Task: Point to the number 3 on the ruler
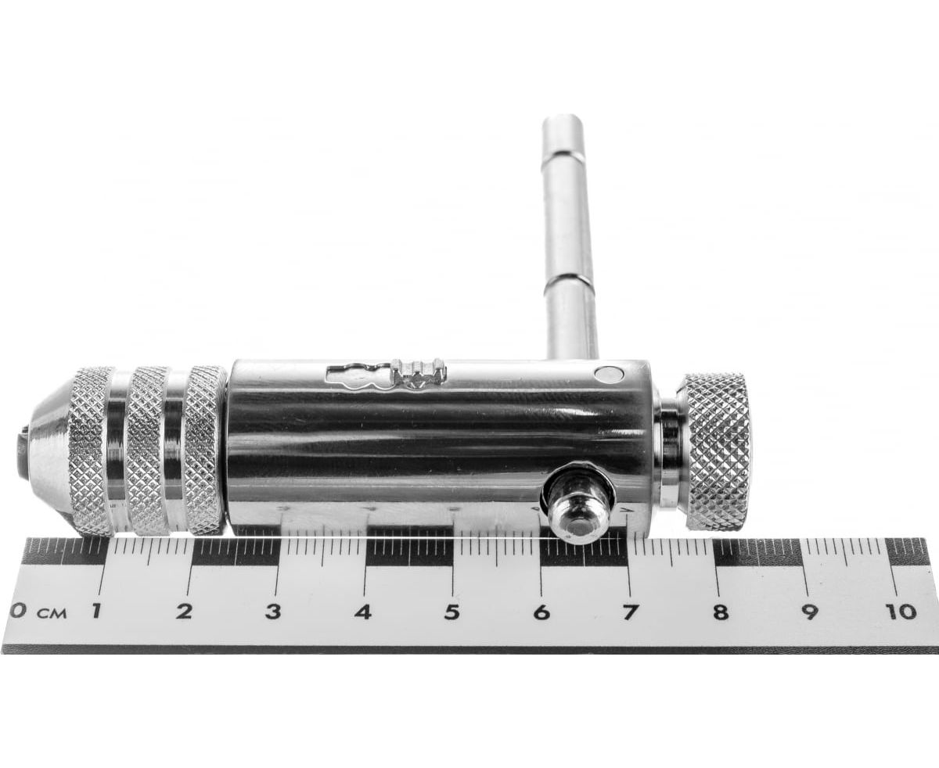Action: coord(273,612)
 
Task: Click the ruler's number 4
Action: coord(362,612)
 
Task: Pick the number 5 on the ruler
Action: coord(451,612)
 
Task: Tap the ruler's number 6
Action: coord(541,612)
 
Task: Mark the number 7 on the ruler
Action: coord(628,612)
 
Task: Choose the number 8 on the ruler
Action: coord(719,612)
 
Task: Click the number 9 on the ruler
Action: coord(809,612)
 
